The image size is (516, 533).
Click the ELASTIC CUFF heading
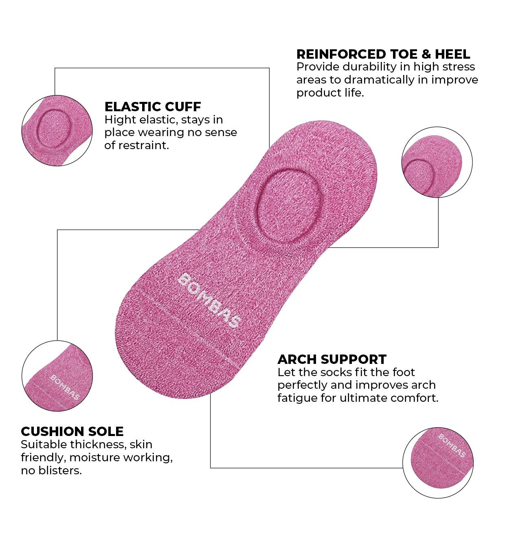[153, 106]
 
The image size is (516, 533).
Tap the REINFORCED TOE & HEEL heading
[383, 54]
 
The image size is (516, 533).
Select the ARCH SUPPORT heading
[332, 359]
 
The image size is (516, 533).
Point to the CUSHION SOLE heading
[72, 432]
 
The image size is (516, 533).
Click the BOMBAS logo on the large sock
[209, 300]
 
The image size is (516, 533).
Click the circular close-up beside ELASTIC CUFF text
[57, 130]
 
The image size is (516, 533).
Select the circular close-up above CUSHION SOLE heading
[57, 376]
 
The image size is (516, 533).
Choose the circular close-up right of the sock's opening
[437, 162]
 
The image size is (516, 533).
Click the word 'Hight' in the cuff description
[120, 120]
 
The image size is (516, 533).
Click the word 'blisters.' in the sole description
[60, 471]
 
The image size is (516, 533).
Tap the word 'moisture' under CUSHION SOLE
[95, 457]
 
